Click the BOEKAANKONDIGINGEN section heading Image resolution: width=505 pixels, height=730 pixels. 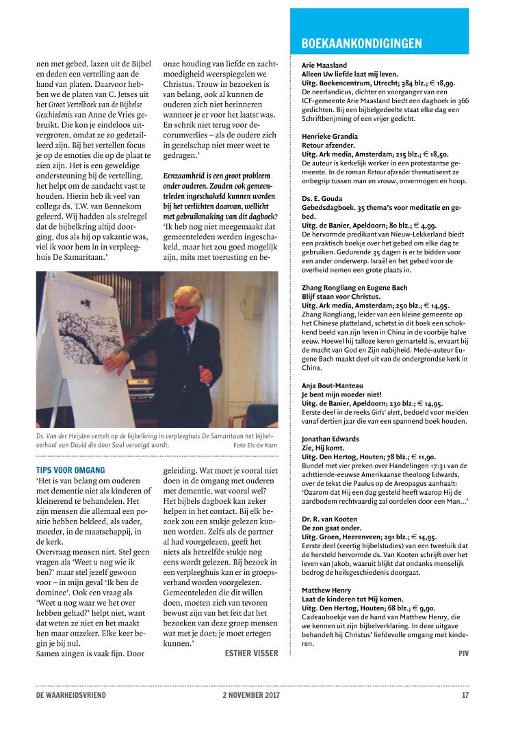pyautogui.click(x=361, y=44)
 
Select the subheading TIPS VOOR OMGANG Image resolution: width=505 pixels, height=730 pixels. pyautogui.click(x=70, y=470)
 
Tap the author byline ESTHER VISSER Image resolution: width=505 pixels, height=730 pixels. pyautogui.click(x=251, y=653)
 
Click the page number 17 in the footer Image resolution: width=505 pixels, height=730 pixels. pyautogui.click(x=465, y=696)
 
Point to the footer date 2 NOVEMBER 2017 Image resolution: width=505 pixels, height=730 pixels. pyautogui.click(x=252, y=696)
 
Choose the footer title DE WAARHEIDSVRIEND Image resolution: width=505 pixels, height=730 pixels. pyautogui.click(x=71, y=696)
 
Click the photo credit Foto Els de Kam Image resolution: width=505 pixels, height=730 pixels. pyautogui.click(x=256, y=445)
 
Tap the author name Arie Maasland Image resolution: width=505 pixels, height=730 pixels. pyautogui.click(x=324, y=66)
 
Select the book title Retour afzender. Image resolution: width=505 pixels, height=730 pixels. pyautogui.click(x=328, y=146)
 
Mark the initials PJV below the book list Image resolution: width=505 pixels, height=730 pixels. pyautogui.click(x=463, y=653)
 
